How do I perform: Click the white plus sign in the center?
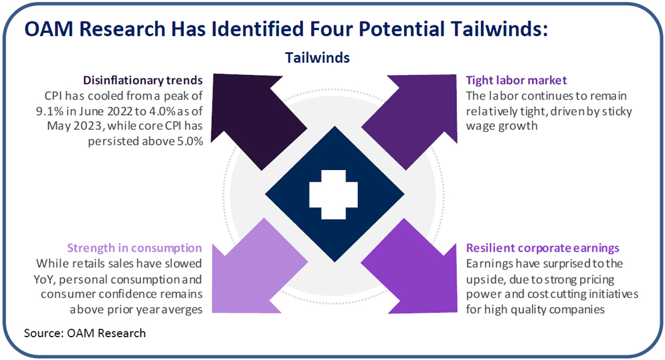pos(333,195)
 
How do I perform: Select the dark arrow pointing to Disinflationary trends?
pos(254,116)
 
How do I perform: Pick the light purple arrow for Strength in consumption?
pos(254,272)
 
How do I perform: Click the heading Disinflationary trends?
pos(143,80)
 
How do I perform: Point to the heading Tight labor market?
pos(516,80)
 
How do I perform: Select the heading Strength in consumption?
pos(134,248)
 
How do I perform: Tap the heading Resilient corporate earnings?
pos(543,248)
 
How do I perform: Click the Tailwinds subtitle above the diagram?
pos(317,58)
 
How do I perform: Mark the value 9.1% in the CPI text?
pos(50,111)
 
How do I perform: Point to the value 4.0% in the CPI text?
pos(162,111)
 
